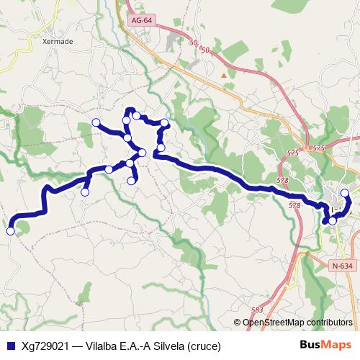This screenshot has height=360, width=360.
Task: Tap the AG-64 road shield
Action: [142, 22]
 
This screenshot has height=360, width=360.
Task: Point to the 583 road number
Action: [257, 310]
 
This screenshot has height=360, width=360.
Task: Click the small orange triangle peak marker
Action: [224, 74]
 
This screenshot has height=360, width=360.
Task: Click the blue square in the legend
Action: [10, 346]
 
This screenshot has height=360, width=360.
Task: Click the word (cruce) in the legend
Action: [204, 346]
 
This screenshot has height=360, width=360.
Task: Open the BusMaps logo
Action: [325, 346]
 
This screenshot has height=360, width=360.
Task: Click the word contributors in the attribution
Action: [329, 323]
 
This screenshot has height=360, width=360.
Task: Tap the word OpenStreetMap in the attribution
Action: [273, 323]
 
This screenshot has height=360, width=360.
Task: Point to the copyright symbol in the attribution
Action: [237, 323]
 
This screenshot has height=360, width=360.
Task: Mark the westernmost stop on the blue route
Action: [10, 231]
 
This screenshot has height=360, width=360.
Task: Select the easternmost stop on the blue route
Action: [345, 192]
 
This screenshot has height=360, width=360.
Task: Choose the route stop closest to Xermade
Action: [96, 122]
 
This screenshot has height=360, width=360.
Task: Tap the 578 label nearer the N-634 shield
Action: [294, 206]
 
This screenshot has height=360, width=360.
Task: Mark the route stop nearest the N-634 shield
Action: [332, 220]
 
